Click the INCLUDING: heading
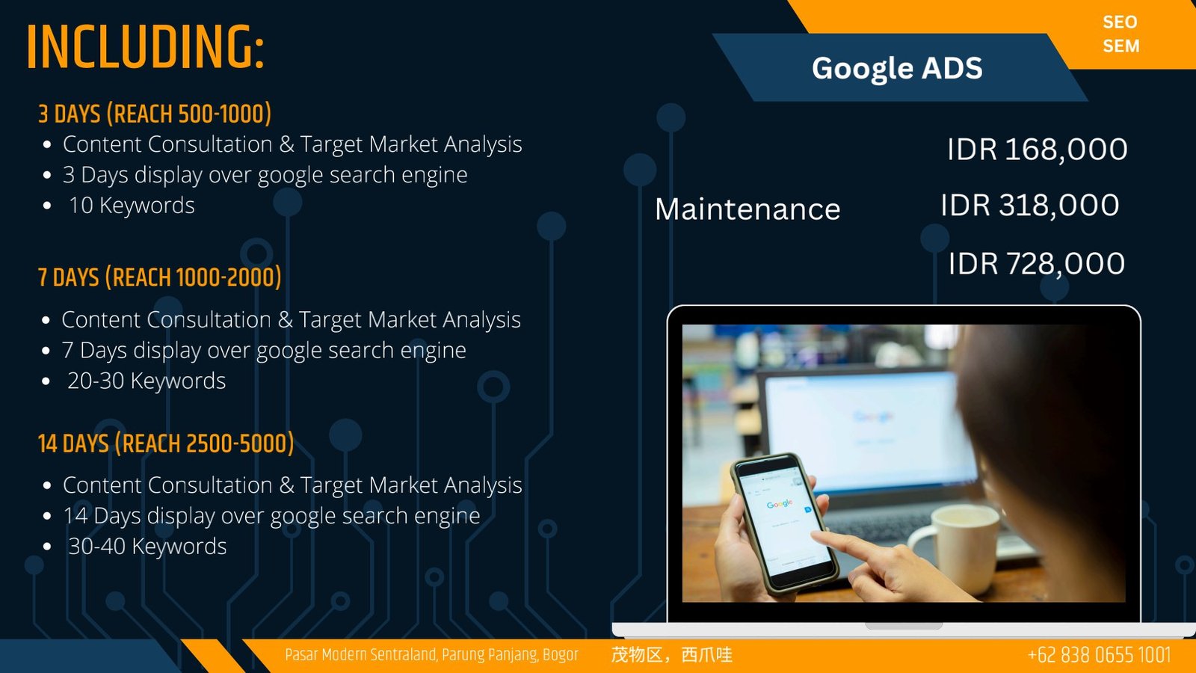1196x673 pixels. click(x=145, y=47)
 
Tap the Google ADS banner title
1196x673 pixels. click(x=897, y=68)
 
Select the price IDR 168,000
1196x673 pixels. click(x=1038, y=149)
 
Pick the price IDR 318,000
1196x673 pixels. click(x=1030, y=205)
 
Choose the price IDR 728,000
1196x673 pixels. click(x=1036, y=264)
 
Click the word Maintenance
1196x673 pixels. click(x=747, y=209)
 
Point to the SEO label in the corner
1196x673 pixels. click(x=1121, y=22)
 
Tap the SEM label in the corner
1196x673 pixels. click(x=1121, y=46)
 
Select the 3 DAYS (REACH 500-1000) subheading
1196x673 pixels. click(x=155, y=114)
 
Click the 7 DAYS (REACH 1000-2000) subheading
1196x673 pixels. click(x=160, y=277)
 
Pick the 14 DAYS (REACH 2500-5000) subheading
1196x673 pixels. click(x=166, y=443)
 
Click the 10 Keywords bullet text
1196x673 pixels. click(x=132, y=206)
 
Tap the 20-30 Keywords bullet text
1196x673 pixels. click(x=147, y=381)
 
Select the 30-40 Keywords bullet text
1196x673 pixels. click(x=147, y=547)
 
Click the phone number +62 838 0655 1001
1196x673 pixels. click(x=1099, y=655)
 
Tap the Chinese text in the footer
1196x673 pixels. click(x=672, y=655)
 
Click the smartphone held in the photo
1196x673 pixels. click(x=781, y=523)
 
